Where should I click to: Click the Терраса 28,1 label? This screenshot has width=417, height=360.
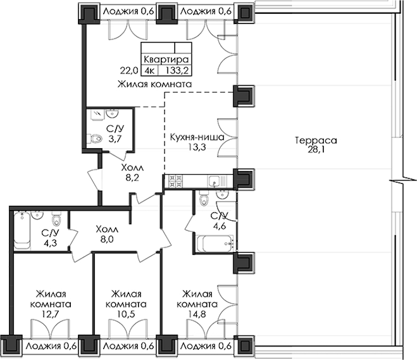coord(316,145)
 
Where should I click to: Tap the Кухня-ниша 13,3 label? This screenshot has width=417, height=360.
coord(197,142)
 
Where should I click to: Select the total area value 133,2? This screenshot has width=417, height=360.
coord(177,70)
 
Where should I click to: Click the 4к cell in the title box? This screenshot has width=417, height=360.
coord(149,70)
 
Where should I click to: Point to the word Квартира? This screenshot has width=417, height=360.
coord(166,59)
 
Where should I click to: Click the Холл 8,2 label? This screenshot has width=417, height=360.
coord(132,173)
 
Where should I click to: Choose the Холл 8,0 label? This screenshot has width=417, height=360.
coord(107,234)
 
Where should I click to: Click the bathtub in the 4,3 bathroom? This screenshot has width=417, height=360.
coord(22,230)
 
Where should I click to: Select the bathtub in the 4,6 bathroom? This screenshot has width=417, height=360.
coord(215,243)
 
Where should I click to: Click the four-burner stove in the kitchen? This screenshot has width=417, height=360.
coord(176,181)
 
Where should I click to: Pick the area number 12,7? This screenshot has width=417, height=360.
coord(50,314)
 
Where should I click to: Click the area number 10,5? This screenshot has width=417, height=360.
coord(126,314)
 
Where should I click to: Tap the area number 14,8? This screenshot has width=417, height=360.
coord(197,314)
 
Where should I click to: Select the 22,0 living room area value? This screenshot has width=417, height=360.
coord(129,71)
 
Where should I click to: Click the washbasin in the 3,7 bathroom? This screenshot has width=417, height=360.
coord(112,113)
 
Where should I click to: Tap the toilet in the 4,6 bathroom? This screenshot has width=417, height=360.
coord(204,199)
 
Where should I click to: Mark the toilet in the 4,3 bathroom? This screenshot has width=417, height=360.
coord(56,220)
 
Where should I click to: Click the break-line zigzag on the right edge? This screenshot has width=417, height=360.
coord(403,181)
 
